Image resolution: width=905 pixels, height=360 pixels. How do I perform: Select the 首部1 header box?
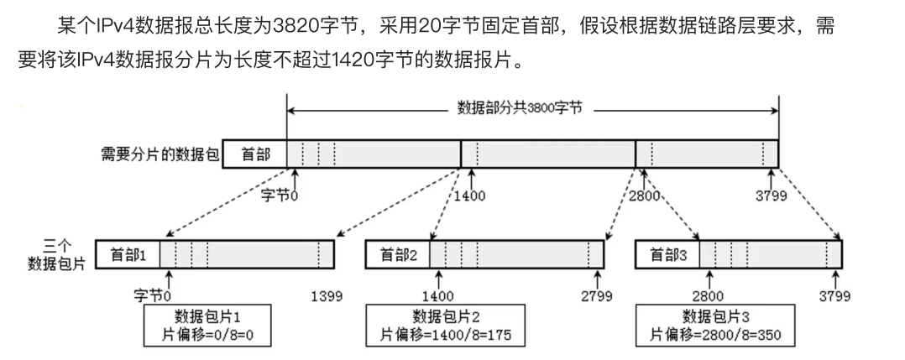pos(128,254)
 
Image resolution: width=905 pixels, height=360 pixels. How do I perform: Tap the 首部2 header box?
pos(399,254)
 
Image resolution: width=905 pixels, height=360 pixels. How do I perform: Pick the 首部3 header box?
pos(669,254)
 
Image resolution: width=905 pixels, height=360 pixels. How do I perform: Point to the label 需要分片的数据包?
pos(158,155)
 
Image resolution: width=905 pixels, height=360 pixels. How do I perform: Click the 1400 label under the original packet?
pos(468,197)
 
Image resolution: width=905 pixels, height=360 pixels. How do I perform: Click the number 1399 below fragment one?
pos(327,296)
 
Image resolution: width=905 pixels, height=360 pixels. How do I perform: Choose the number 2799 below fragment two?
pos(596,296)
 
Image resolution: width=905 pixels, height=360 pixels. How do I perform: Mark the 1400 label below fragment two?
pos(437,296)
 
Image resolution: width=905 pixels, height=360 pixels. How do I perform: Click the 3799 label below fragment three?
pos(834,296)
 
